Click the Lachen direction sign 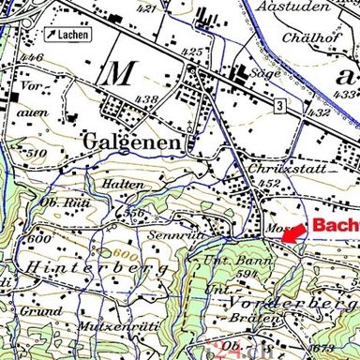click(x=68, y=36)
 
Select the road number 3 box click(x=279, y=107)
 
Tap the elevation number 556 click(x=135, y=213)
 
